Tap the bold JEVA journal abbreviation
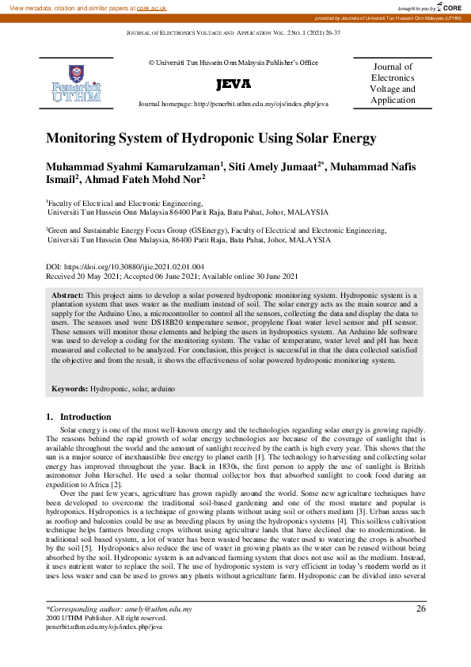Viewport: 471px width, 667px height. click(x=233, y=84)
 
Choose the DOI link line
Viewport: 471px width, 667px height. click(x=125, y=267)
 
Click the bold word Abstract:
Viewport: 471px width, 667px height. click(x=68, y=294)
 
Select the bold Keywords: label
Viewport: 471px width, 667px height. click(x=70, y=390)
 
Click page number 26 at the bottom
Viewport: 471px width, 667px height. click(x=420, y=608)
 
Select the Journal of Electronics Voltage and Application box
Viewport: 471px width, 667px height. click(x=392, y=84)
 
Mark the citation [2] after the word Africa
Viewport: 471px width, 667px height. click(x=116, y=484)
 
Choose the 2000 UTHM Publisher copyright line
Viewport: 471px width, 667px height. click(x=106, y=618)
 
